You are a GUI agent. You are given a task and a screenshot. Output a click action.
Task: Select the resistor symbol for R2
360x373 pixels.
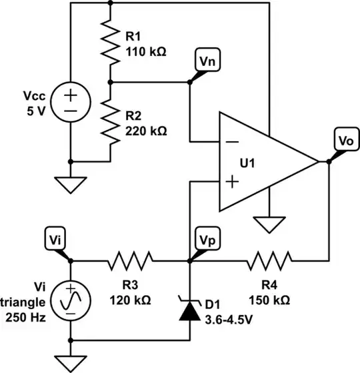[111, 121]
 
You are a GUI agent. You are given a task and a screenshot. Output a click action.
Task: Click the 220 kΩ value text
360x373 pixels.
[145, 131]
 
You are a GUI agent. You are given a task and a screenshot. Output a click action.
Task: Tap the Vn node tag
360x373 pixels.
[205, 60]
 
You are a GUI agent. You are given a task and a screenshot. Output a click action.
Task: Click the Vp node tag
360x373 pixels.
[205, 239]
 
